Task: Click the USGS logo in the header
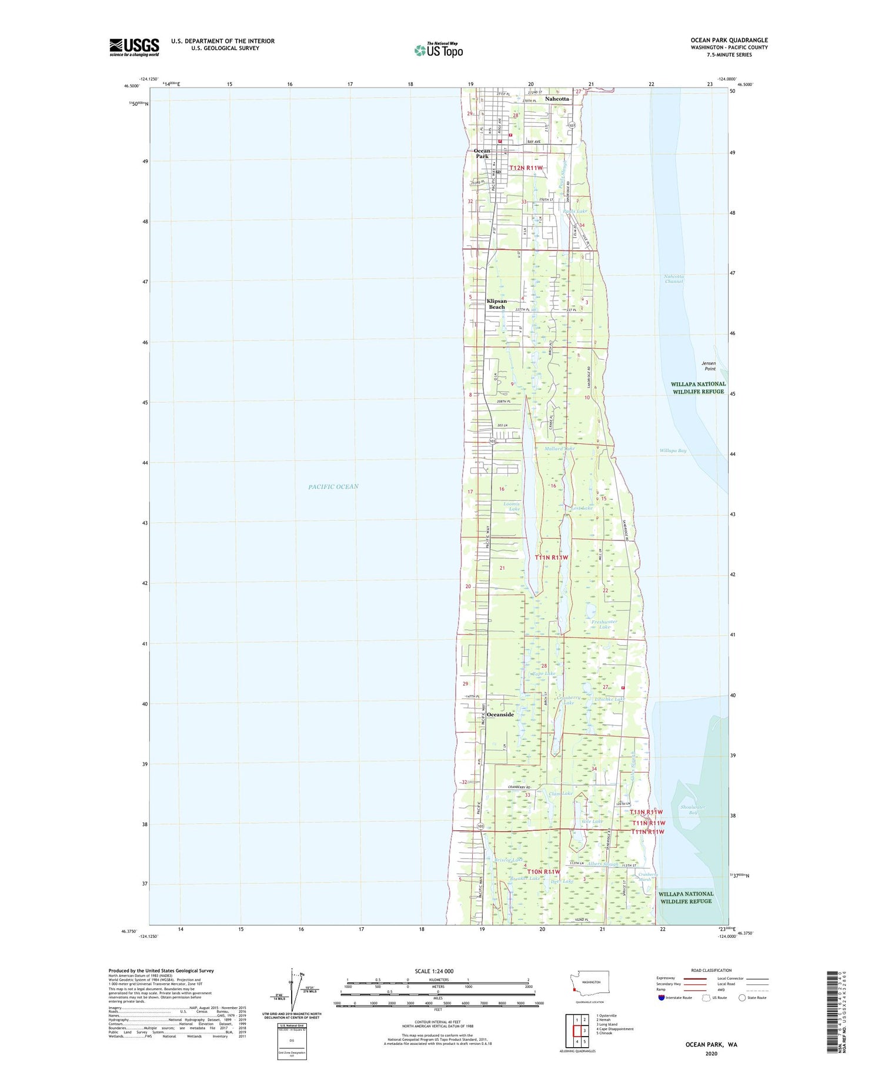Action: pos(134,47)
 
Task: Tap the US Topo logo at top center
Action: pos(439,50)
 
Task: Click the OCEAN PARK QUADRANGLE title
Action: pos(729,40)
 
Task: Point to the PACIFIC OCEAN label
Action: pos(333,486)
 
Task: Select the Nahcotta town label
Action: pos(557,99)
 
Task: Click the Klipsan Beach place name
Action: pos(497,304)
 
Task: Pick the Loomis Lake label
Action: pos(512,506)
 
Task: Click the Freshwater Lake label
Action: pos(604,624)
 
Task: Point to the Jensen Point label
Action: pos(710,366)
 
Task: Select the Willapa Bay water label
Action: pos(673,450)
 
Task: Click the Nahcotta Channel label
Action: pos(674,279)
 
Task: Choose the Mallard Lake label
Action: pos(559,449)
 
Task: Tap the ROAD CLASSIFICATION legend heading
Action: pos(711,970)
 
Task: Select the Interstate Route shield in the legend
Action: pos(662,998)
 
